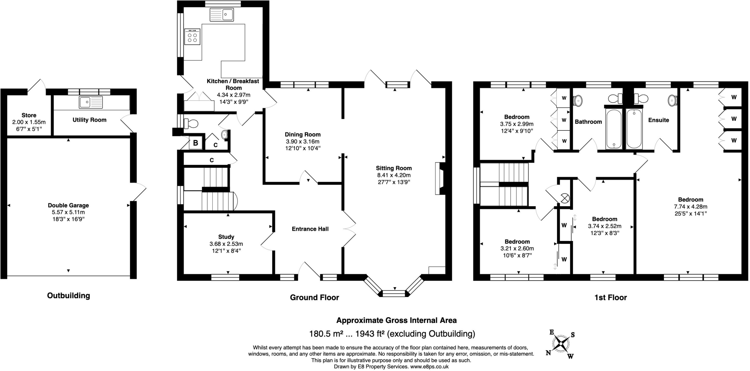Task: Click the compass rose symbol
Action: (561, 344)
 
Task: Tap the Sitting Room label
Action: (394, 168)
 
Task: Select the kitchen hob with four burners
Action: (192, 37)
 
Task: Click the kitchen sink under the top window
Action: (222, 15)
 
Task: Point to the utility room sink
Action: (91, 102)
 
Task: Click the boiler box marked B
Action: (196, 143)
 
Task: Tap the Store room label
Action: (29, 115)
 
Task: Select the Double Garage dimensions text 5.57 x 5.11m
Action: (68, 212)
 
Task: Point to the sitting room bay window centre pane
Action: (394, 293)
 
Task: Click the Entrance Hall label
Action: (310, 229)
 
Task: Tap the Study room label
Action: (226, 237)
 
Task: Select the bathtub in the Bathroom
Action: (613, 129)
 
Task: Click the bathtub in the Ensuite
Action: (634, 129)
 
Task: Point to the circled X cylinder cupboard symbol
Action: (565, 199)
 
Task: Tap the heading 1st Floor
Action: (610, 298)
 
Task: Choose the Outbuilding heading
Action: (68, 296)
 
